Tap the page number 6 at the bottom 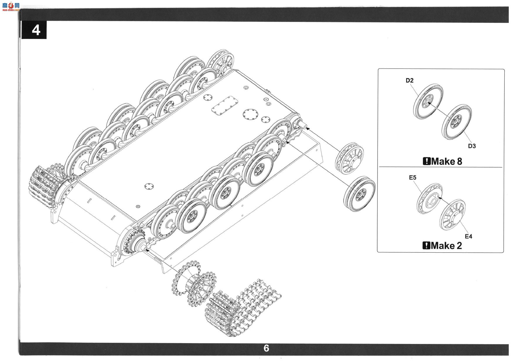click(x=266, y=348)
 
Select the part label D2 click(x=409, y=80)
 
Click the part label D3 click(x=472, y=146)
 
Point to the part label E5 click(x=413, y=177)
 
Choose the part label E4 click(x=469, y=236)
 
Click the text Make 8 click(x=447, y=161)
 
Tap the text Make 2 click(x=447, y=246)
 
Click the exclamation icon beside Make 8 click(x=427, y=161)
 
